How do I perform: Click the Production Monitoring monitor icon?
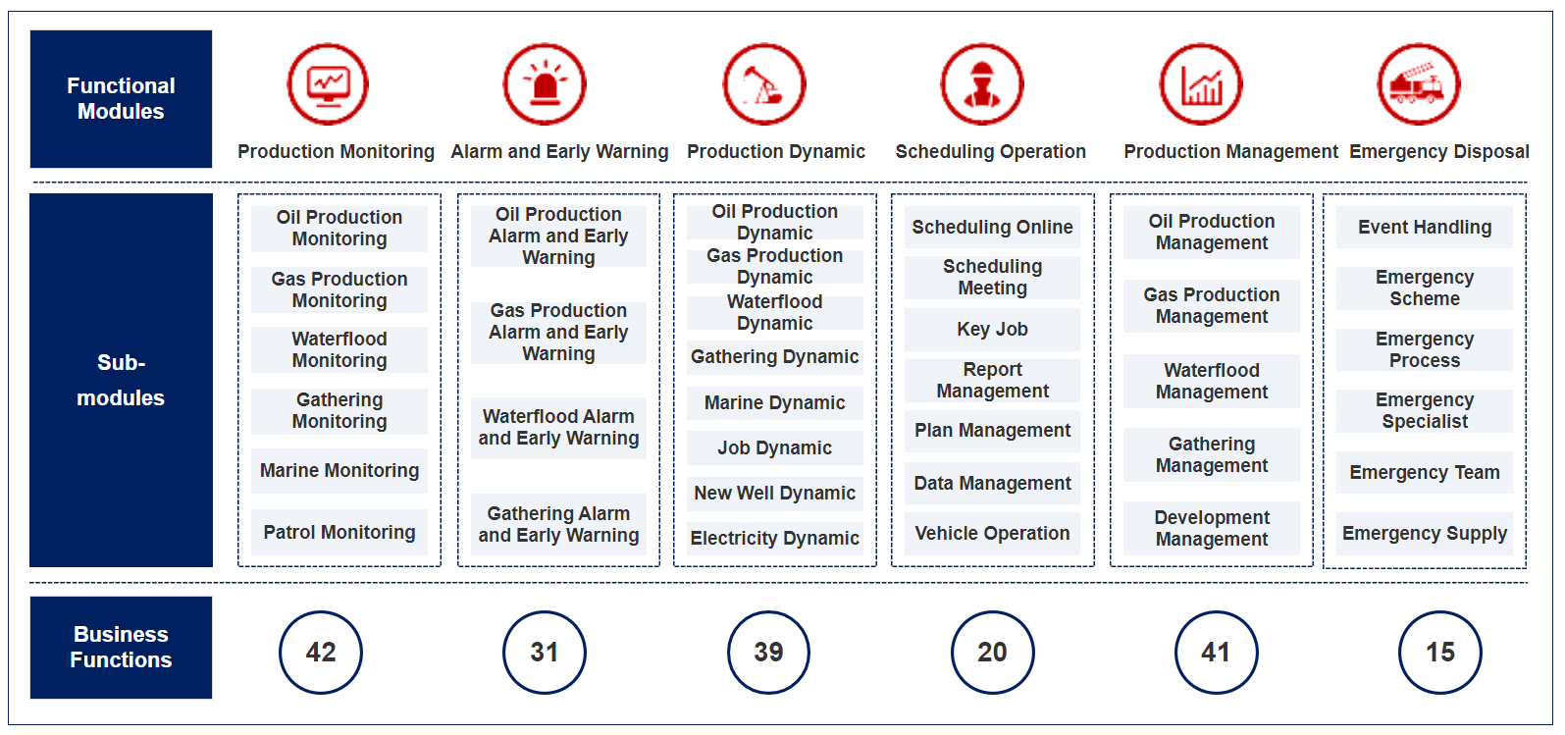[x=328, y=84]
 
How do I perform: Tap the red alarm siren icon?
[x=545, y=84]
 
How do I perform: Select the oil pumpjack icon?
[x=764, y=84]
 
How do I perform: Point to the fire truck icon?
[x=1418, y=84]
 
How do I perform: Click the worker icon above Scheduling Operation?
[x=982, y=84]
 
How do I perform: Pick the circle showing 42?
[x=321, y=653]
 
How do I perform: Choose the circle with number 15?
[x=1440, y=653]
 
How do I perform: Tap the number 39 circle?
[x=768, y=653]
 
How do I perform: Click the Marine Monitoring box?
[x=339, y=471]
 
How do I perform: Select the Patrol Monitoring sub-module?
[x=339, y=533]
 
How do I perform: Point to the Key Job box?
[x=992, y=329]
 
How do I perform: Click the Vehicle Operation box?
[x=992, y=534]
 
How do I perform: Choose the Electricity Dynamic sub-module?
[x=775, y=539]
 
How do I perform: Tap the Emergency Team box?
[x=1425, y=473]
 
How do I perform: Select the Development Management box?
[x=1212, y=528]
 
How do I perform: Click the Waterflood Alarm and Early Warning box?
[x=558, y=428]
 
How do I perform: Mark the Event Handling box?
[x=1425, y=227]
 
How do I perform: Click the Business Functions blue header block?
[x=121, y=648]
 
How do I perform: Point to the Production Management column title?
[x=1231, y=151]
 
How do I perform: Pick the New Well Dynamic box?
[x=775, y=494]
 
